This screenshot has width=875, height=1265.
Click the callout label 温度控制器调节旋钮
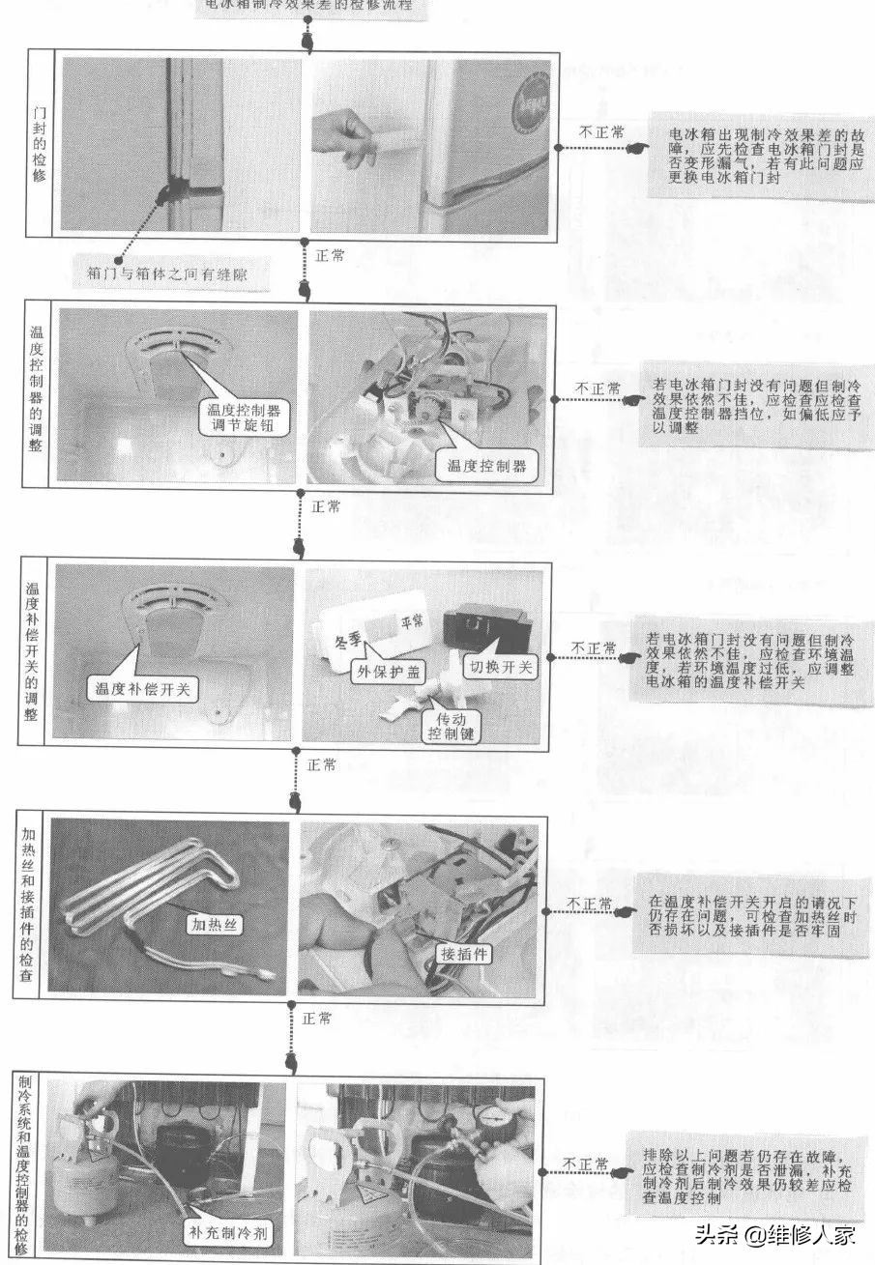coord(245,417)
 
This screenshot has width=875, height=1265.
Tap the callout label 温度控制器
coord(485,465)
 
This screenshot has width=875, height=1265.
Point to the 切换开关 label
coord(503,666)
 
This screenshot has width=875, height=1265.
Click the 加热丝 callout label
coord(215,924)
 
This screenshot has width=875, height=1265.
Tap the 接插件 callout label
coord(466,954)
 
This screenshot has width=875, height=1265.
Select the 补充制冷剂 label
coord(228,1232)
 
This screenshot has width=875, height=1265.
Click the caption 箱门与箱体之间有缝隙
coord(175,274)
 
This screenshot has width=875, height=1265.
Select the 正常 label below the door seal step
coord(329,255)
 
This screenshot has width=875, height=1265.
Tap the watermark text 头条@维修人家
coord(773,1234)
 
